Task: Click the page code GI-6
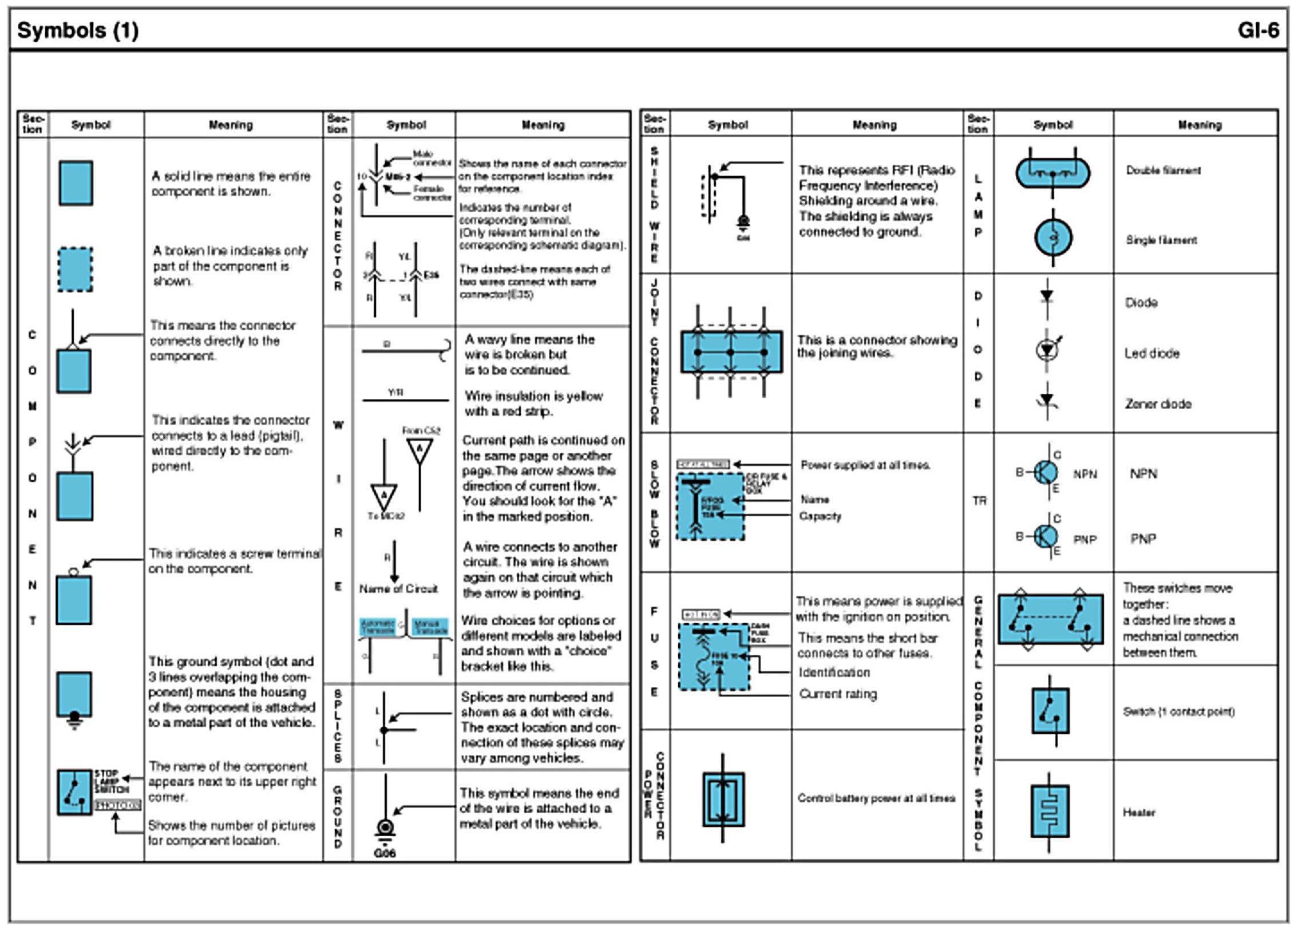[1257, 30]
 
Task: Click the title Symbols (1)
[78, 30]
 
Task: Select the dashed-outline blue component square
[75, 270]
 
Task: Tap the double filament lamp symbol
[1052, 172]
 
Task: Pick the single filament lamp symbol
[1053, 237]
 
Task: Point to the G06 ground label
[385, 853]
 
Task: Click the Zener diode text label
[1158, 403]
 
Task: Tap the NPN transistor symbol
[1046, 473]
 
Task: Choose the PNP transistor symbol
[1046, 537]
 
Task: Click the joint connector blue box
[731, 351]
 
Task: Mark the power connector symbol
[723, 800]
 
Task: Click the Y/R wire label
[395, 392]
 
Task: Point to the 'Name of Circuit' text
[398, 589]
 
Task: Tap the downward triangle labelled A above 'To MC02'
[383, 496]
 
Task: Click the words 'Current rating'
[838, 694]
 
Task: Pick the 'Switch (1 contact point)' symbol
[1050, 711]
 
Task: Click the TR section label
[979, 501]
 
